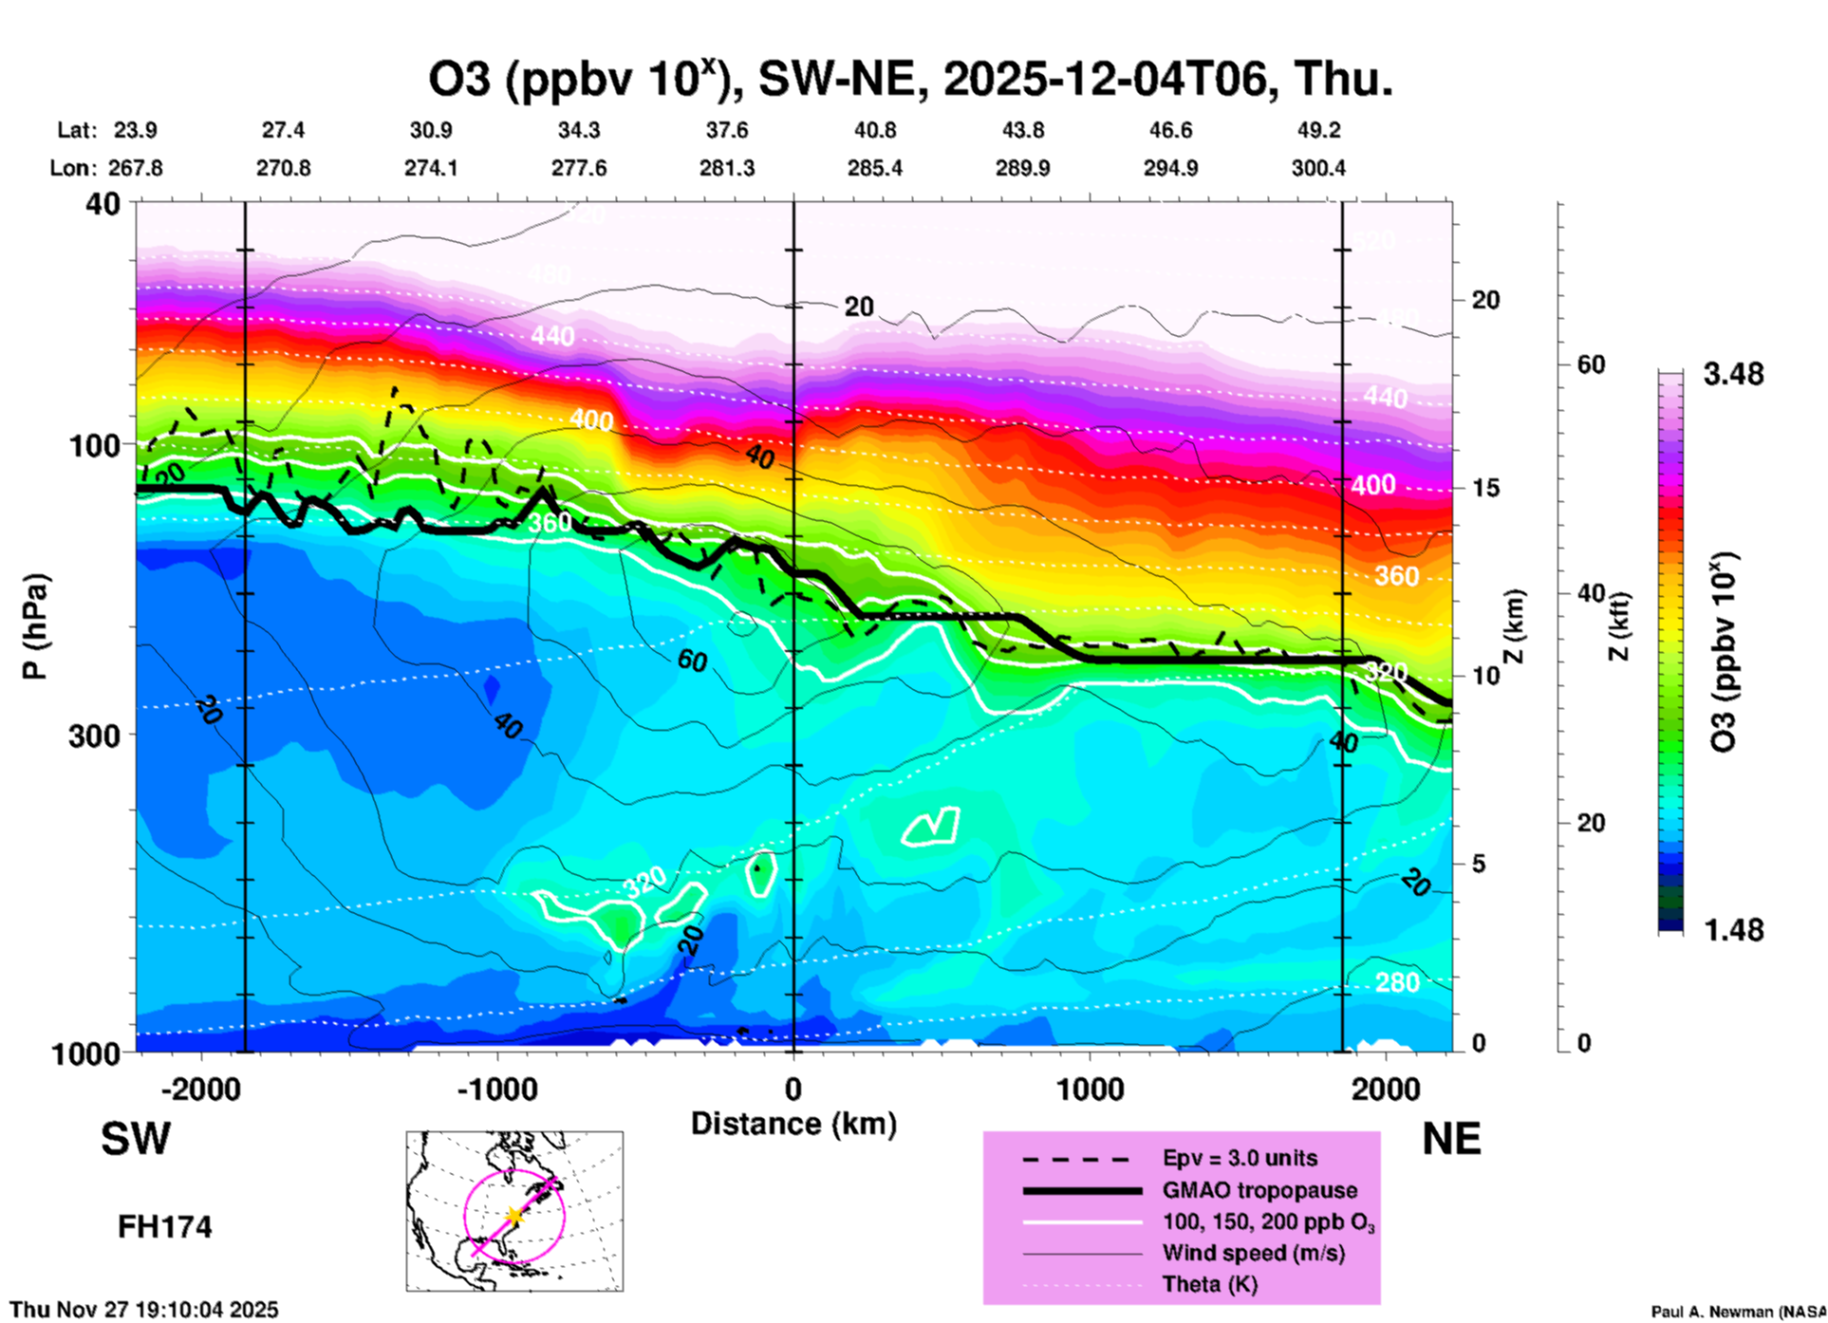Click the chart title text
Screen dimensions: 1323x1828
coord(911,80)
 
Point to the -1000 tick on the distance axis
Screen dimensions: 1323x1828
coord(497,1089)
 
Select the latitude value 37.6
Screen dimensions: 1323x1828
coord(726,130)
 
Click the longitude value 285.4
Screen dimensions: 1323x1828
coord(874,168)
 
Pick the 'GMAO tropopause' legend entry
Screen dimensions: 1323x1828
coord(1259,1190)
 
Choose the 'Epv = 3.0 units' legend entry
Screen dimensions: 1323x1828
coord(1240,1158)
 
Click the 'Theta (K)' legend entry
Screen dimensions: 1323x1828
coord(1209,1284)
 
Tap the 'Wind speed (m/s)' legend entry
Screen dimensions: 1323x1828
coord(1253,1253)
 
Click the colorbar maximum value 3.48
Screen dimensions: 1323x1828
coord(1733,374)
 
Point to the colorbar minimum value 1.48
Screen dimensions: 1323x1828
coord(1733,929)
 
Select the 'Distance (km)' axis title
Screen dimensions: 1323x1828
coord(793,1124)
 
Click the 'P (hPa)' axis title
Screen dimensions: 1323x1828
coord(35,626)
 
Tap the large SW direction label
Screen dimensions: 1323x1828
coord(136,1139)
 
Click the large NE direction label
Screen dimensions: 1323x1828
coord(1451,1139)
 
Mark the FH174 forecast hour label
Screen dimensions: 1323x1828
coord(164,1227)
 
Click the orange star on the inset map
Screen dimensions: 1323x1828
coord(513,1215)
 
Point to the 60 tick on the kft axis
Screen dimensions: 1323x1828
coord(1590,364)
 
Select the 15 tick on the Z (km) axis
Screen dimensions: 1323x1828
coord(1484,488)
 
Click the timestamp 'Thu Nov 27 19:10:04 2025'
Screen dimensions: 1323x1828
coord(144,1310)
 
